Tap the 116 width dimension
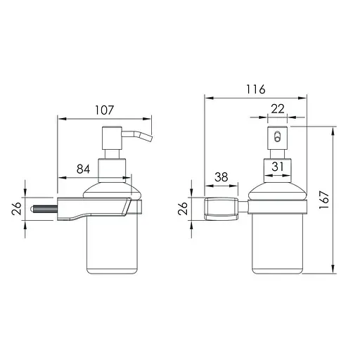[x=255, y=89]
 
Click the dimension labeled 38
[x=221, y=179]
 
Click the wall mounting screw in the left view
[x=44, y=209]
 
